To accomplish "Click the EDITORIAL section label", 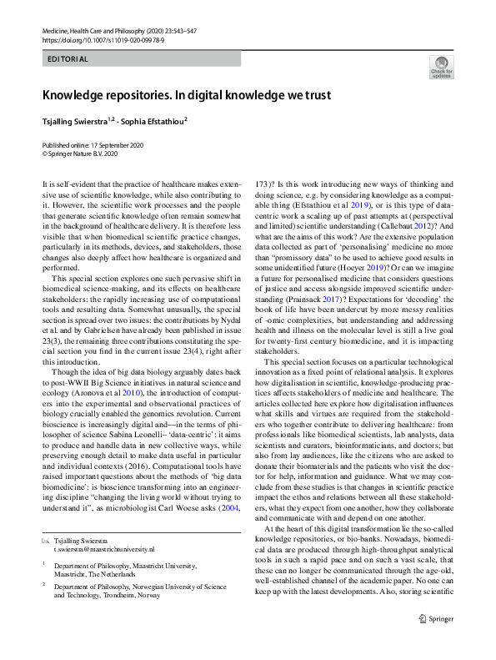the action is pyautogui.click(x=68, y=59).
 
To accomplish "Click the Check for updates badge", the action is pyautogui.click(x=440, y=68).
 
